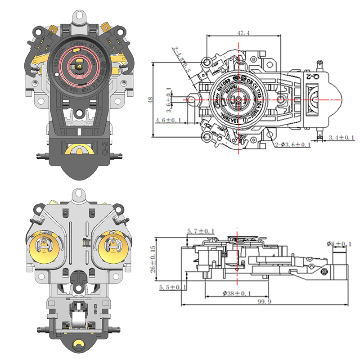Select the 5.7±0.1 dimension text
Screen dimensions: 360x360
click(x=201, y=231)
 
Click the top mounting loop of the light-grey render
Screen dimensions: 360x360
click(x=80, y=194)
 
